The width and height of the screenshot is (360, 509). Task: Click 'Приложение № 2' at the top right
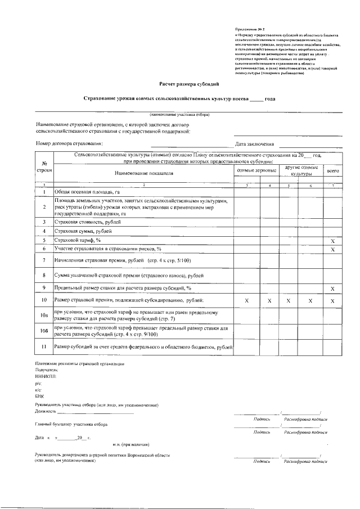point(249,29)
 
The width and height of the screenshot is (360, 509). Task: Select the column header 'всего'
point(332,169)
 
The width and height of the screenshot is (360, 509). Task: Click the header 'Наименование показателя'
point(144,173)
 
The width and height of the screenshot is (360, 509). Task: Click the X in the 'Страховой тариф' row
point(332,241)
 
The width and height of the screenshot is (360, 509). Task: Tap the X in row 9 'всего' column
point(332,289)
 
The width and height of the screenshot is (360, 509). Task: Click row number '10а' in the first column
point(44,316)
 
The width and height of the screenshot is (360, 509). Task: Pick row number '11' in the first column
point(44,348)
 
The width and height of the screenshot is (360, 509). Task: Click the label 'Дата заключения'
point(255,144)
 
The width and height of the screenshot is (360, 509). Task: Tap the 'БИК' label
point(39,395)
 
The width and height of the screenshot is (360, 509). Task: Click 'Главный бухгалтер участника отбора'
point(71,425)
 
